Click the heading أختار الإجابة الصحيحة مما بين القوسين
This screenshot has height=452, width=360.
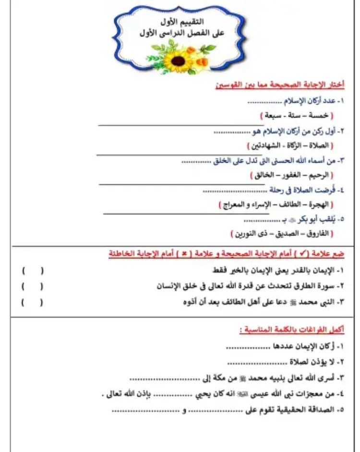(280, 85)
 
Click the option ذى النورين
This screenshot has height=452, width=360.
(250, 234)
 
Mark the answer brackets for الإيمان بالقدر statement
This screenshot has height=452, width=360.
(32, 270)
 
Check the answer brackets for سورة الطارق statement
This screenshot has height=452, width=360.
(32, 286)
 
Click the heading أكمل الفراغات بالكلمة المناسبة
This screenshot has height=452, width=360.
(292, 330)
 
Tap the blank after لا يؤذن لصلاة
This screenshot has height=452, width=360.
(256, 362)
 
